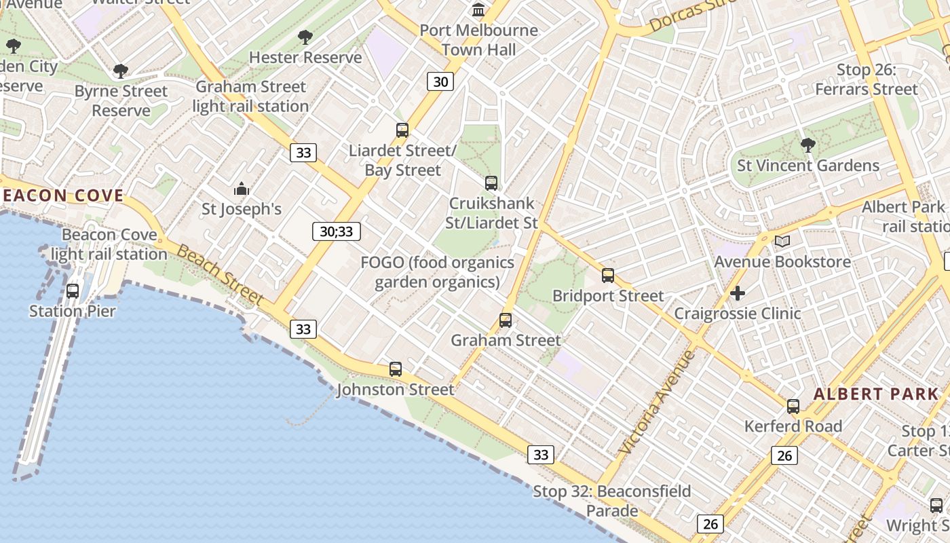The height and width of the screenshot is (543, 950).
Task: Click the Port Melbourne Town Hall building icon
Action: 478,10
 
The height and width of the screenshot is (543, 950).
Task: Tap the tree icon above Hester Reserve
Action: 305,37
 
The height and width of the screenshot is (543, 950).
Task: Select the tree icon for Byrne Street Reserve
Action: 121,71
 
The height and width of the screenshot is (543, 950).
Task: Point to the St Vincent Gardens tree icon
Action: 807,145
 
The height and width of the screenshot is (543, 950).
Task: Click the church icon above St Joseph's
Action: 242,189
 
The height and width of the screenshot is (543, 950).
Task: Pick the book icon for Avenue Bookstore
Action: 782,242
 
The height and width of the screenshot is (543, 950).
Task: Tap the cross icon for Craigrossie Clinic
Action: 738,293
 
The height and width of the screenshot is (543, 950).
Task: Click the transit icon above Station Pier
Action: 73,291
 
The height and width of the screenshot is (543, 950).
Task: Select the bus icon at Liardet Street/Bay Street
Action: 402,130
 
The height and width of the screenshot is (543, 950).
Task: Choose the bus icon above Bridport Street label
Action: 608,276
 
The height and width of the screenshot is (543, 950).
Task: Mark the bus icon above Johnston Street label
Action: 396,369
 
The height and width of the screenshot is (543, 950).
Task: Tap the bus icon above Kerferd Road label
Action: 793,407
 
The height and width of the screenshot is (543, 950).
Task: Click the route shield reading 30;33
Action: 337,231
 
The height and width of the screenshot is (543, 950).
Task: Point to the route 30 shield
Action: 440,82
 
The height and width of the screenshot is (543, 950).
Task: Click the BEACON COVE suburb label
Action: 62,196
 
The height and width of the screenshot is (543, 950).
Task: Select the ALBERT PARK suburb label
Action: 876,394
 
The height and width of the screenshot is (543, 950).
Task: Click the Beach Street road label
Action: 220,274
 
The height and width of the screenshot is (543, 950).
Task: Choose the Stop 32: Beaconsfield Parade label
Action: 612,501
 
